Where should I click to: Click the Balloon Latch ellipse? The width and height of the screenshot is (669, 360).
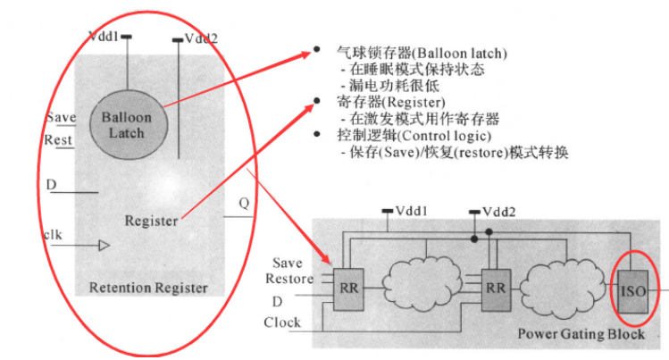(127, 124)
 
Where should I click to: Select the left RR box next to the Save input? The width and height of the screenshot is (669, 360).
(347, 289)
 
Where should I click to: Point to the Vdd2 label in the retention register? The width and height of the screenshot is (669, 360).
(201, 38)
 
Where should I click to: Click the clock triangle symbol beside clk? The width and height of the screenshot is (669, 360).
(105, 244)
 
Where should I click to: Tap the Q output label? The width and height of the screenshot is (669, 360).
(243, 202)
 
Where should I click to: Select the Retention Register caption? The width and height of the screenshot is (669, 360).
(148, 288)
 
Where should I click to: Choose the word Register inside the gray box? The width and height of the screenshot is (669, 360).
(151, 220)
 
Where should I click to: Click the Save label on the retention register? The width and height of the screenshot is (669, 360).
(61, 117)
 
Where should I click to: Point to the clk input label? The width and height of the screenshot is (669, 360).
(53, 235)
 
